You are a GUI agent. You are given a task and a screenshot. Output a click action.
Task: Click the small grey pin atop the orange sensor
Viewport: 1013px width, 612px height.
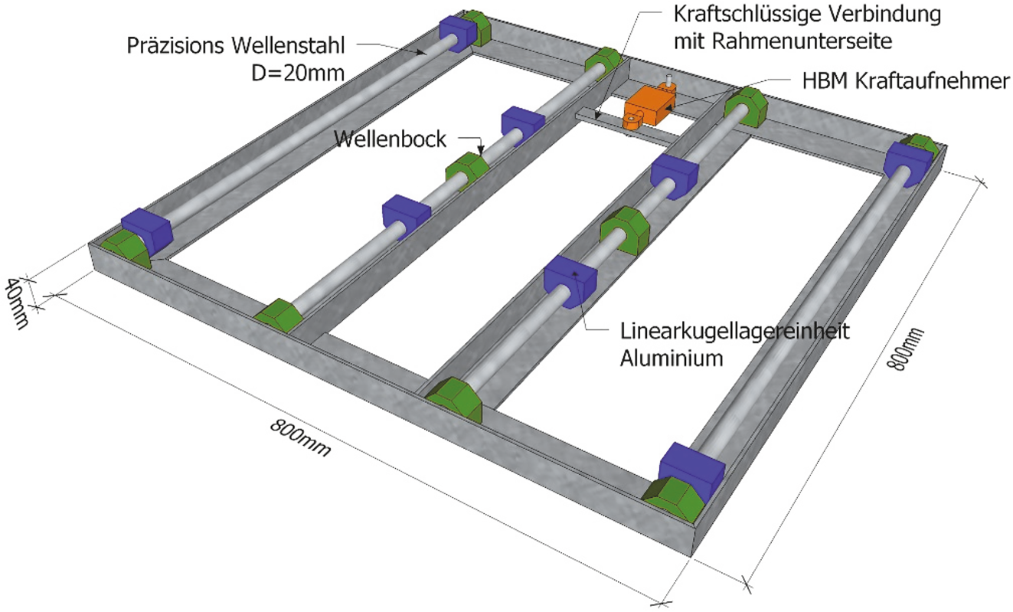tap(668, 79)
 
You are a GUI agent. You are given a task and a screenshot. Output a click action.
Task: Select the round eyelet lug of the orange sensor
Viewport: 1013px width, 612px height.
tap(632, 119)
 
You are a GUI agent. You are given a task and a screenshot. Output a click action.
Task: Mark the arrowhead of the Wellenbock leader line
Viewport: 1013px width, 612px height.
tap(482, 152)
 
